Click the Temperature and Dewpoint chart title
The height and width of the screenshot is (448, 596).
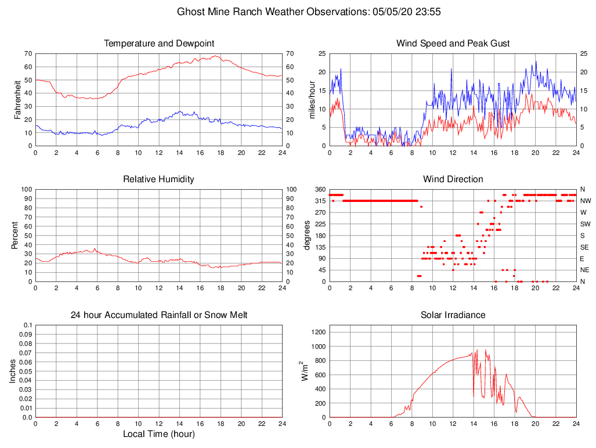158,44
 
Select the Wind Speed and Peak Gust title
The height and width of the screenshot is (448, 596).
453,44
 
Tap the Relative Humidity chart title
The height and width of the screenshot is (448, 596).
158,179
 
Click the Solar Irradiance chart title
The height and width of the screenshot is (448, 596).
453,315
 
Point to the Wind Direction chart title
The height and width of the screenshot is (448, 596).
453,179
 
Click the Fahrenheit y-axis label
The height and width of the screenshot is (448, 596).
17,99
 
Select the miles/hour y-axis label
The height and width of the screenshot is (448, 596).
312,99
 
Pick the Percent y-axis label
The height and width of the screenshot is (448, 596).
15,235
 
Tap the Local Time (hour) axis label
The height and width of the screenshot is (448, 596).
158,434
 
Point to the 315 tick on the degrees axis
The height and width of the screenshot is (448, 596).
319,201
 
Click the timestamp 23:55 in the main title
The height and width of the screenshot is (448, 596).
428,12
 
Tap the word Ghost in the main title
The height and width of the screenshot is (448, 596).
190,12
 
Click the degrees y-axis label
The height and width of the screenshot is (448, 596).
308,235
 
